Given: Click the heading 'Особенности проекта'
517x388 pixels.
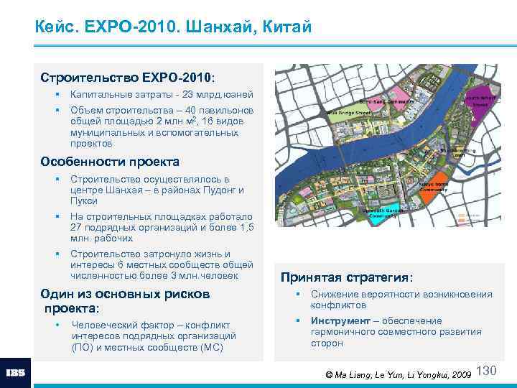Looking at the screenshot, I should pos(110,162).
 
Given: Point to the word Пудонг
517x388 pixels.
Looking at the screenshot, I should pos(217,190).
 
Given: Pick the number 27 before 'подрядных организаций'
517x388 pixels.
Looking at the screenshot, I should pos(78,228).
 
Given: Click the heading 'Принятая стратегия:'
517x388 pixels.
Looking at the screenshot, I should pos(347,277).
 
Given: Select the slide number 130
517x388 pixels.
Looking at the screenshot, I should pos(487,371).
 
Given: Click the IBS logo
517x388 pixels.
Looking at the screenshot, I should pos(16,373).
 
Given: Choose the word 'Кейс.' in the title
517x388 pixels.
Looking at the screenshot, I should pos(56,28).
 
